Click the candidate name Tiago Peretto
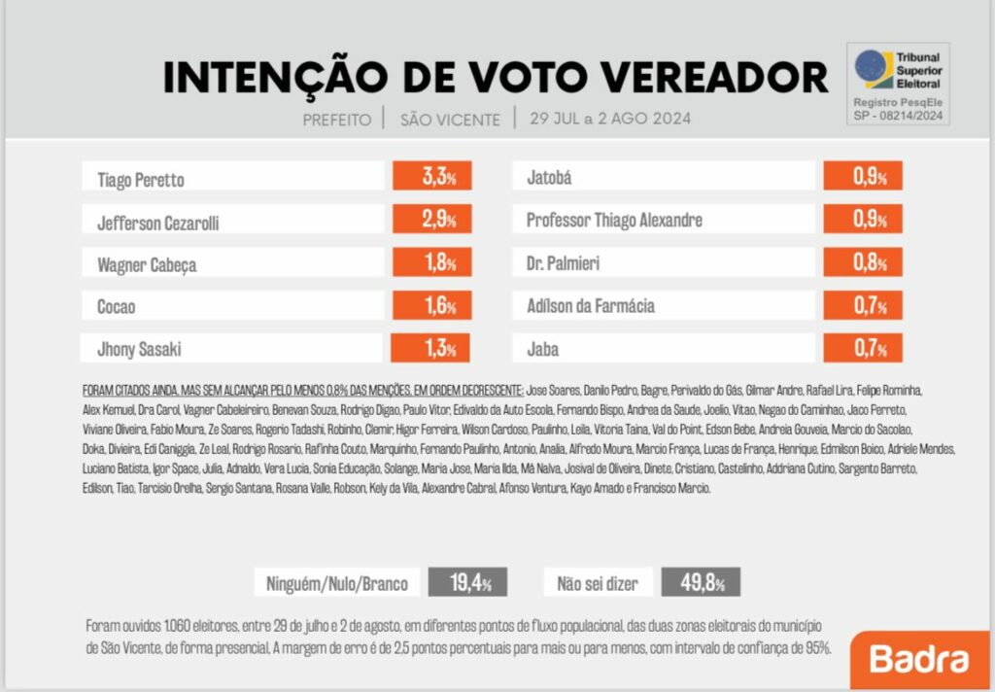[141, 180]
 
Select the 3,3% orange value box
[431, 177]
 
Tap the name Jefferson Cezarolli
[158, 223]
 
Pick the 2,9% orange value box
[431, 220]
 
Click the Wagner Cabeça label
[146, 264]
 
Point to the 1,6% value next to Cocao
[431, 305]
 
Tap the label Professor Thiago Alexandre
[614, 220]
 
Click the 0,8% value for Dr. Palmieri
[863, 262]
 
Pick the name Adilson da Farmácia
[591, 306]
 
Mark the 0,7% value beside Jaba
[863, 348]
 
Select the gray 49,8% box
[700, 583]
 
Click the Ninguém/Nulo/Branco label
[337, 584]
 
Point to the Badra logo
[919, 659]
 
